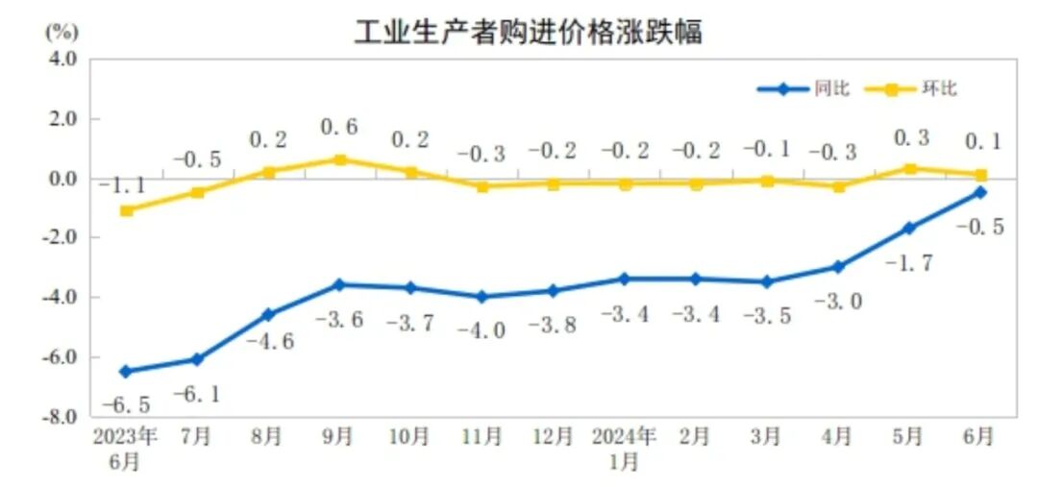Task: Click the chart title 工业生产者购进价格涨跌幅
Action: pyautogui.click(x=528, y=31)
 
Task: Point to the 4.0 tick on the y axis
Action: pyautogui.click(x=62, y=60)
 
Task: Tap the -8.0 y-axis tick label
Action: pyautogui.click(x=60, y=417)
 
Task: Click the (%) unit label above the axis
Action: pyautogui.click(x=61, y=30)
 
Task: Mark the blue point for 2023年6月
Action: pyautogui.click(x=125, y=371)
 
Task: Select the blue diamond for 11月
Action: pyautogui.click(x=481, y=297)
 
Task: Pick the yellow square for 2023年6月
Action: pyautogui.click(x=125, y=210)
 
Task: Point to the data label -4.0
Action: pyautogui.click(x=481, y=330)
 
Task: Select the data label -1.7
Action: pyautogui.click(x=908, y=261)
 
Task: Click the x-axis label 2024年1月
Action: pyautogui.click(x=624, y=448)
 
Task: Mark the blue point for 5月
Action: pyautogui.click(x=908, y=228)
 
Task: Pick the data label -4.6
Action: pyautogui.click(x=268, y=339)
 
